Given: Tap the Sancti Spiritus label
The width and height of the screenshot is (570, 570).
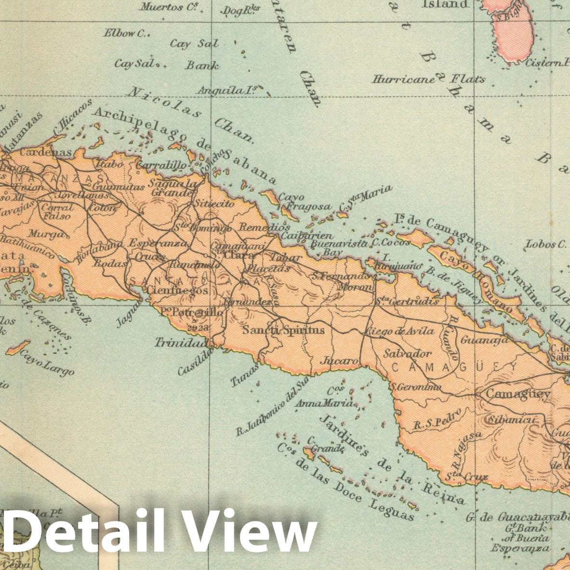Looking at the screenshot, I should coord(283,330).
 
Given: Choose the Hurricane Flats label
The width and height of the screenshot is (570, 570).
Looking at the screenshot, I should coord(428,79).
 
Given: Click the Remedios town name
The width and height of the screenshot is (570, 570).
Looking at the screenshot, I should coord(265,226).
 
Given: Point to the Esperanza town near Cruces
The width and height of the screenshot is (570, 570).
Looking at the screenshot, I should coord(158,243).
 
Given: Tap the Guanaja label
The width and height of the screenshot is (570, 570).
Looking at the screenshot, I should coord(484,340).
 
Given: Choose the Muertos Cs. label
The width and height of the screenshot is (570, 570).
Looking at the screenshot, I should coord(162,7).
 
